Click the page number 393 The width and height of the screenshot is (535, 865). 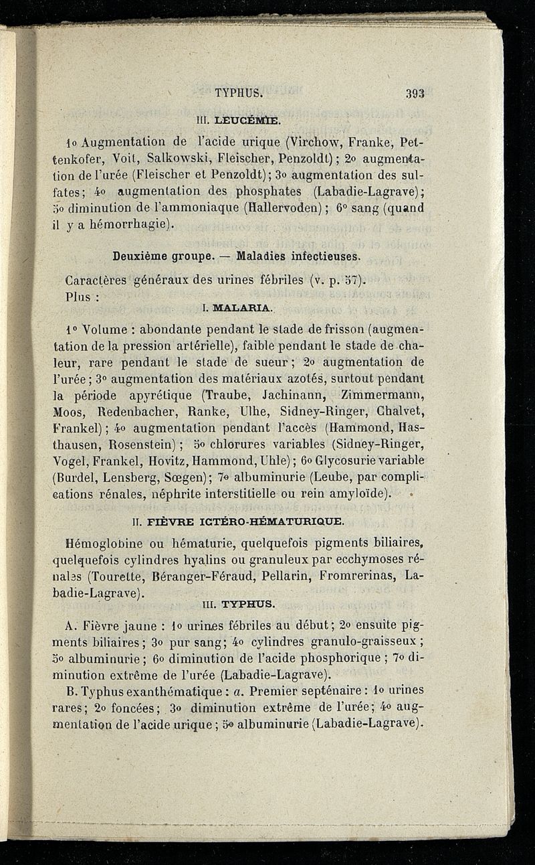coord(415,94)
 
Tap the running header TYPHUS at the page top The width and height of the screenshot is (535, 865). coord(239,94)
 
